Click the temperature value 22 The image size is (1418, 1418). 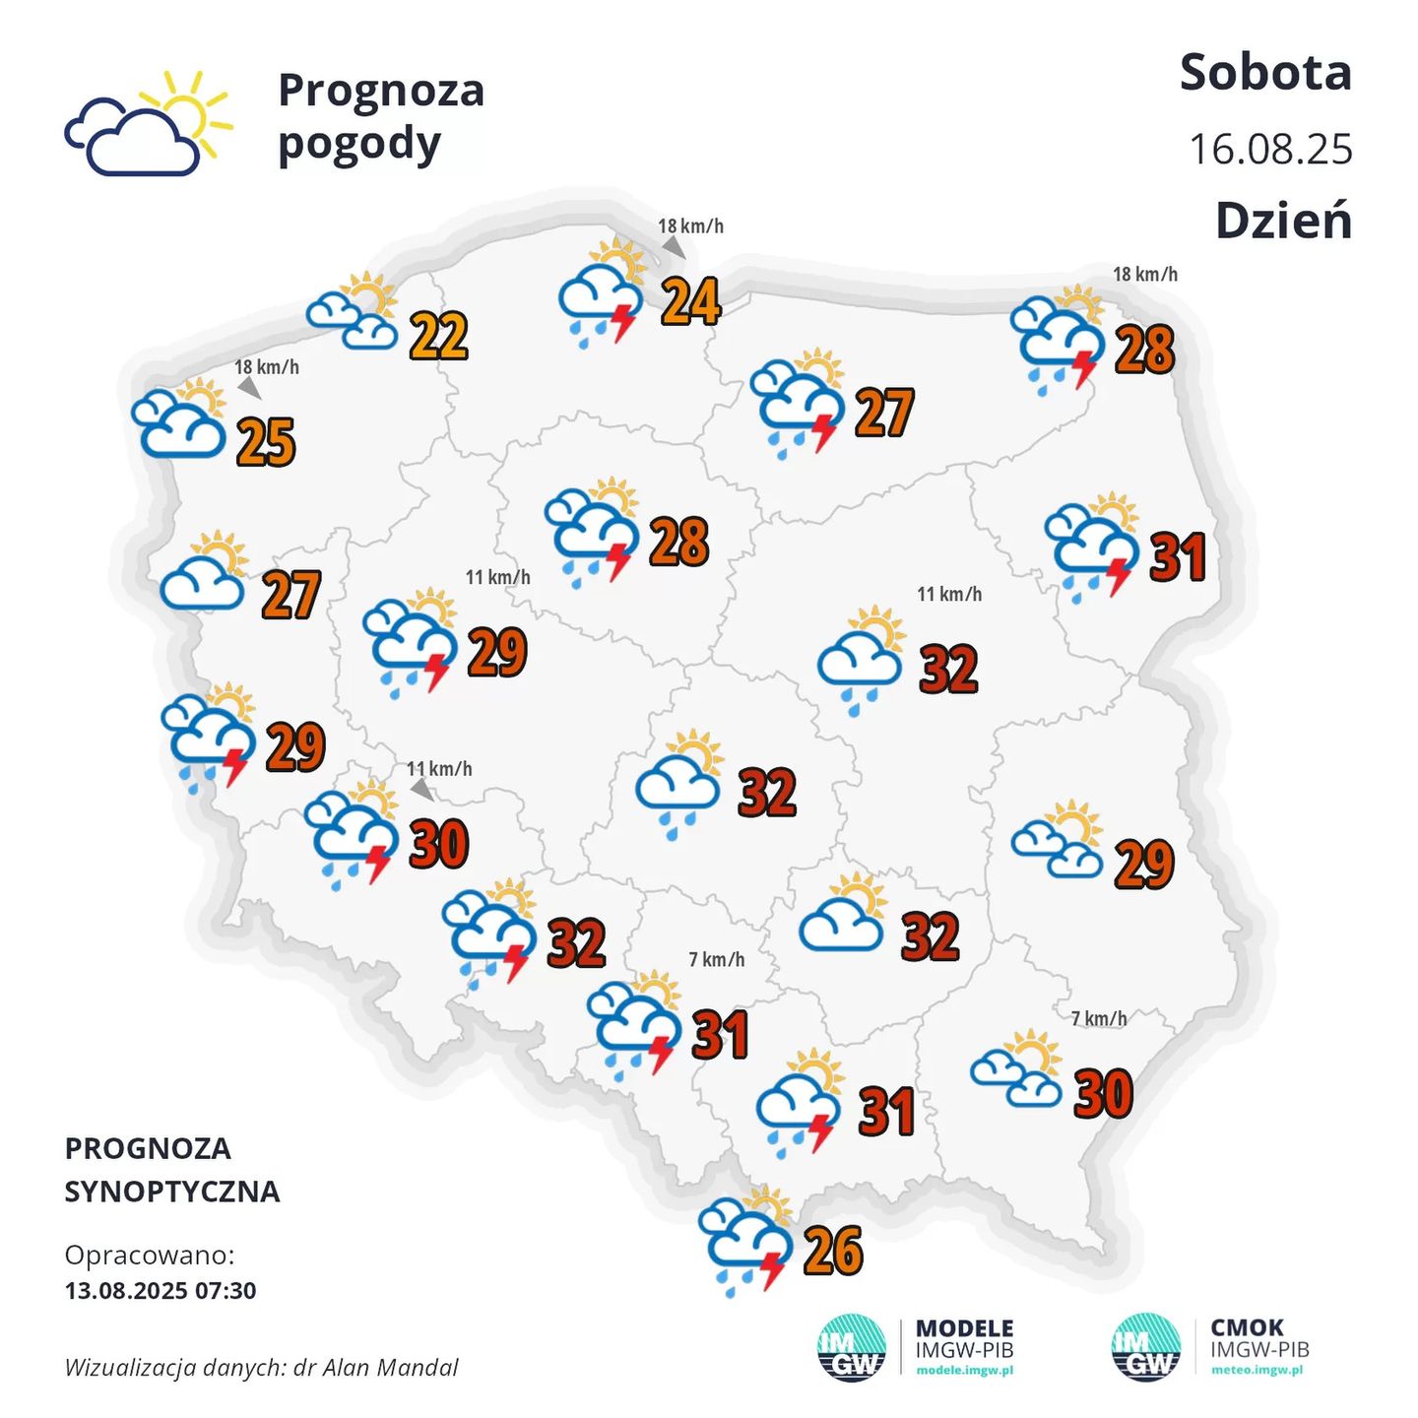click(439, 337)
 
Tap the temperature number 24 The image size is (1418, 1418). click(690, 301)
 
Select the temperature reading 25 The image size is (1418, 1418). click(267, 442)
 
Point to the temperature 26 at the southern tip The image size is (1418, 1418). click(833, 1252)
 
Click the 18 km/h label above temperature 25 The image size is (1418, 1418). click(266, 367)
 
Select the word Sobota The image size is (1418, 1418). click(1265, 73)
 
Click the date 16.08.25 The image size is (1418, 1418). click(1270, 150)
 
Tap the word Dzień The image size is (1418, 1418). click(1283, 221)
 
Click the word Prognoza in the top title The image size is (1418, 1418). click(381, 92)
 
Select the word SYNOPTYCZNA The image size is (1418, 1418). click(172, 1192)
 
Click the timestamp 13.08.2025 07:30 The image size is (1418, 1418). click(161, 1291)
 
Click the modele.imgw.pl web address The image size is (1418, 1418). click(964, 1371)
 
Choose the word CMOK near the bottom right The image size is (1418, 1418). click(1247, 1327)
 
